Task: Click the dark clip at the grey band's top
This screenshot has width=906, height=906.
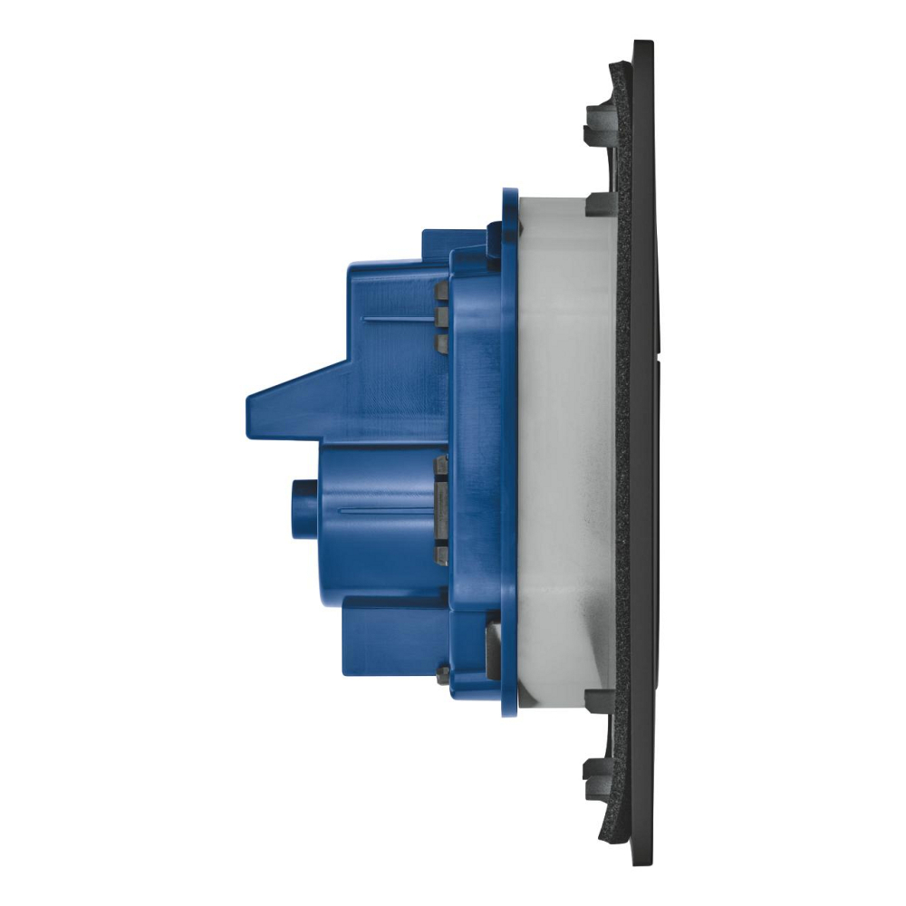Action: click(601, 203)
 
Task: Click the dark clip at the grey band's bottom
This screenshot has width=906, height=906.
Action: click(601, 699)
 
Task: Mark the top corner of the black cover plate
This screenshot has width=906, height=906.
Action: click(642, 43)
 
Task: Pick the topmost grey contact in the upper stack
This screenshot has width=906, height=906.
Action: click(441, 291)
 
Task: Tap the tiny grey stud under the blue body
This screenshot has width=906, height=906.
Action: click(443, 673)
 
